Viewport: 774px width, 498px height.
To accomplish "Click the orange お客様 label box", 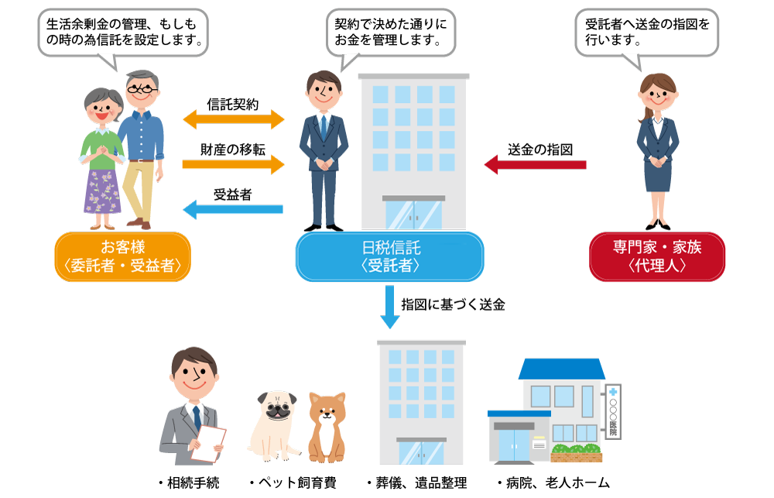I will tap(122, 257).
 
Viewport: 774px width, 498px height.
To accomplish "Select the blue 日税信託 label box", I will tap(390, 257).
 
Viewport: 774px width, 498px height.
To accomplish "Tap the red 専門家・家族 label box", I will tap(657, 257).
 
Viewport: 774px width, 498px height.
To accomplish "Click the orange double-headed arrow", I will tap(234, 119).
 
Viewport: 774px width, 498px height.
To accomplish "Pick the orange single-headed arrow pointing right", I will tap(234, 164).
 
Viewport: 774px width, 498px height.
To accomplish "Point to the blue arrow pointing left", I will tap(232, 208).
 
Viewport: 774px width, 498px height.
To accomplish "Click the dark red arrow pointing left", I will tap(535, 165).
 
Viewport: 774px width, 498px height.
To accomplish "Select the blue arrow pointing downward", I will tap(390, 307).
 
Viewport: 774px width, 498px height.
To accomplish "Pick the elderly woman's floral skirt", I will tap(102, 192).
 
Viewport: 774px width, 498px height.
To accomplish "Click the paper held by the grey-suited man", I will tap(208, 443).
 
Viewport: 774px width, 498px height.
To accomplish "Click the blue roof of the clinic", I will tap(561, 369).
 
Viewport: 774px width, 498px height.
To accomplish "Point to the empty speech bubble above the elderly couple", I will tap(123, 33).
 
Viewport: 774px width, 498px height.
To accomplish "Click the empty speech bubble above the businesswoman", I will tap(647, 33).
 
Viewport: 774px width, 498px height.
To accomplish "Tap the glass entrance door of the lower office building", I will tap(421, 452).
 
